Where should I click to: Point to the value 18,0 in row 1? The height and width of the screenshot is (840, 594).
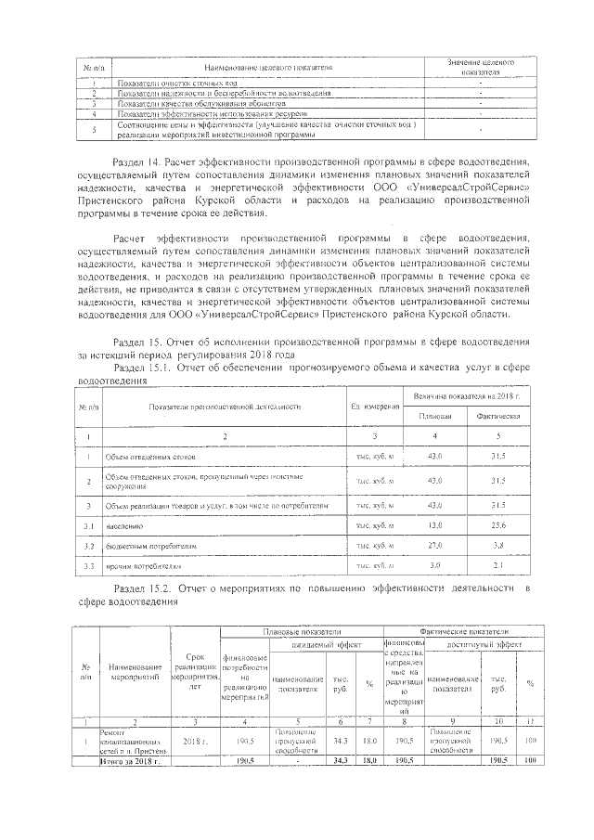click(x=369, y=742)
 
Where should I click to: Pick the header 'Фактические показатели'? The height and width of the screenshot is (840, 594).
click(x=466, y=631)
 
